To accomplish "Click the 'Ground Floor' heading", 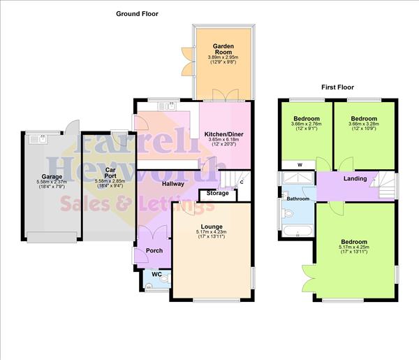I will (137, 13).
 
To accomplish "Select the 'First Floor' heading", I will (338, 87).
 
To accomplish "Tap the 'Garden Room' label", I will (223, 50).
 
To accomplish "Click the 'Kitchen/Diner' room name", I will (223, 134).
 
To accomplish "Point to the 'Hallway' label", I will (172, 184).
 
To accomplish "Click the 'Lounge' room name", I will (212, 226).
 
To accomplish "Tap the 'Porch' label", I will (154, 250).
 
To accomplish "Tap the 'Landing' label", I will (355, 179).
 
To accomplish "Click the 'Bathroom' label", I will (297, 199).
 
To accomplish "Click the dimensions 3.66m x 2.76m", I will (307, 124).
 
